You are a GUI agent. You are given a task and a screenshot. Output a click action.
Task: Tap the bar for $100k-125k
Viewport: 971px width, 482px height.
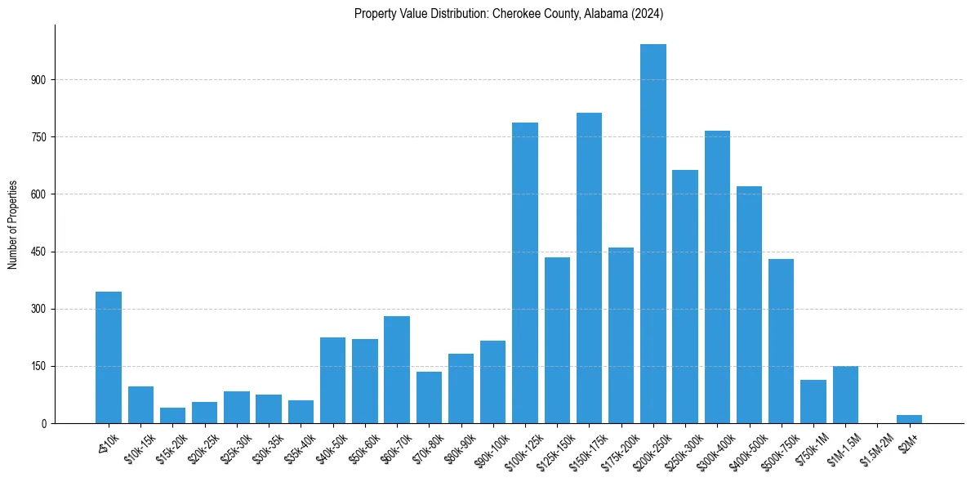point(525,273)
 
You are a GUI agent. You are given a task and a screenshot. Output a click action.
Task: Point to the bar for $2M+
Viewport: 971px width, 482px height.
point(909,419)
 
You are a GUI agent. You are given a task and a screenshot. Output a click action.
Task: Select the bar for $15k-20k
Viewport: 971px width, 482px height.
point(172,415)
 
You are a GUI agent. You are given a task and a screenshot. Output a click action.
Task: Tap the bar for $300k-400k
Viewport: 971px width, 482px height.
point(717,277)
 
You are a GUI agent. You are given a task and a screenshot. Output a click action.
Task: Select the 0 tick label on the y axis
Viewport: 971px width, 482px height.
point(46,423)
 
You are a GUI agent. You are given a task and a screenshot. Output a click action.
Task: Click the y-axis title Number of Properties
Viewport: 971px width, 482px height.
point(12,224)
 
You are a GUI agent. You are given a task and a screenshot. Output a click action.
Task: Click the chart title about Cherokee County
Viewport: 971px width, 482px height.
point(509,13)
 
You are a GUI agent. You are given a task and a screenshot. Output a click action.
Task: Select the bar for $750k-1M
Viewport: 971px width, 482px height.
point(813,401)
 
